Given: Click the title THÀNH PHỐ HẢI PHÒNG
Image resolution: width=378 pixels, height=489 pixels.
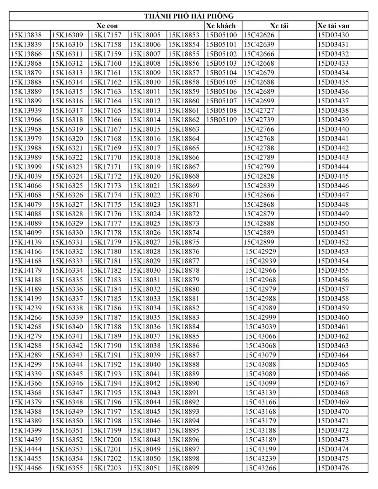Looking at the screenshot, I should click(189, 16).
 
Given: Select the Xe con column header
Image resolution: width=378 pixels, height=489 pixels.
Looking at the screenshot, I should click(107, 26).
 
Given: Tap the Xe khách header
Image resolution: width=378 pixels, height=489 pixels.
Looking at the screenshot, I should click(221, 26).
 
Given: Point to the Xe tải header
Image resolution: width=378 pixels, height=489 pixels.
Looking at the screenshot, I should click(279, 26).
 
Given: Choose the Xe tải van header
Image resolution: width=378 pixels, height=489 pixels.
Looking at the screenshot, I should click(333, 26).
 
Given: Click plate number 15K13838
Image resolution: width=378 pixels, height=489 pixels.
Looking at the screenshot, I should click(26, 35).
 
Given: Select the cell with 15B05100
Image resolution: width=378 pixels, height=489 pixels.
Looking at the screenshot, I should click(221, 35).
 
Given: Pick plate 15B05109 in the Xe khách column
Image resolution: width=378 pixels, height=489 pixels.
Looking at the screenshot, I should click(221, 120).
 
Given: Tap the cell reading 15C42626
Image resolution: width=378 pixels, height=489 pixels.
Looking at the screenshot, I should click(259, 35).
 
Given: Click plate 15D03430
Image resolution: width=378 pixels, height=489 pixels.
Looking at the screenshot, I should click(333, 35).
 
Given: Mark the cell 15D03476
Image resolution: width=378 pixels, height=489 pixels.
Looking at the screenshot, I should click(333, 468).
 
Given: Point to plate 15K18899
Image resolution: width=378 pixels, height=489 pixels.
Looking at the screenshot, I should click(184, 468).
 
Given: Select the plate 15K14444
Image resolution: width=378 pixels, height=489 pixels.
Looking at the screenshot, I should click(26, 450).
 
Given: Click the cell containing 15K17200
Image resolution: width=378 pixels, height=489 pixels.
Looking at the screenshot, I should click(106, 440).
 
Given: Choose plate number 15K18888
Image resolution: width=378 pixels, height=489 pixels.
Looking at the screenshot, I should click(184, 365).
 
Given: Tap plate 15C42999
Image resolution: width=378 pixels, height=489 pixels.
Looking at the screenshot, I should click(261, 317).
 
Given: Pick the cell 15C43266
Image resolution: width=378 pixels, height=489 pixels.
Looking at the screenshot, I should click(261, 468).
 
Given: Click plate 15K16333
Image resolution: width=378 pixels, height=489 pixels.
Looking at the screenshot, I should click(67, 261).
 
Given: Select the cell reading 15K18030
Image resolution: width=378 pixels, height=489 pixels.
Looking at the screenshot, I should click(145, 271).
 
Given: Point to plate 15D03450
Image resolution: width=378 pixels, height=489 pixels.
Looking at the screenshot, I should click(333, 223).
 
